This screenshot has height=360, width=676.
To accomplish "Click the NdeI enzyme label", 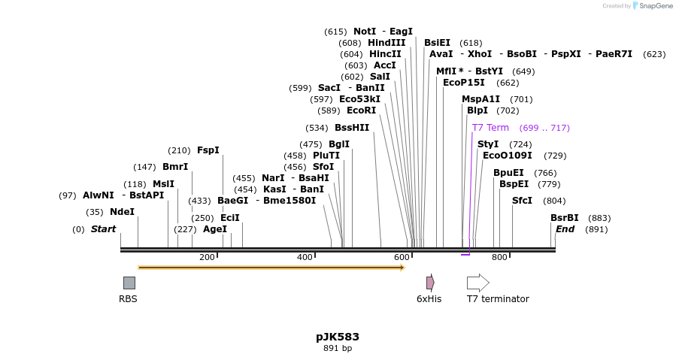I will (x=122, y=212).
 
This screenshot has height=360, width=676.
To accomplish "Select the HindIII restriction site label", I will (x=387, y=43).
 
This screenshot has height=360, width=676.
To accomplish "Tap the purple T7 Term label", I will (x=490, y=128).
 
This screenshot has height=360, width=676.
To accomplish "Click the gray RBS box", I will (x=129, y=283).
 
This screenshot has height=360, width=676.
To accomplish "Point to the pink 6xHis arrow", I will (x=430, y=283).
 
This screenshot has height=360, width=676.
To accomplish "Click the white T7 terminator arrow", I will (x=477, y=283).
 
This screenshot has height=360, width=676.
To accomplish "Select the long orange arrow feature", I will (x=271, y=267).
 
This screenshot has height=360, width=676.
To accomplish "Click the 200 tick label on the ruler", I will (x=207, y=258).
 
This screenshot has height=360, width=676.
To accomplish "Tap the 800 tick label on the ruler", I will (x=499, y=258).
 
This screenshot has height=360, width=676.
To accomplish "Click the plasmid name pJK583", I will (x=338, y=337).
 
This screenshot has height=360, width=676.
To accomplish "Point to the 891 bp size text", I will (x=338, y=348).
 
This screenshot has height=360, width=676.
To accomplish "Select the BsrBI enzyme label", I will (x=564, y=218).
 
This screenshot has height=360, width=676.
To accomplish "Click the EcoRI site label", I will (x=361, y=110).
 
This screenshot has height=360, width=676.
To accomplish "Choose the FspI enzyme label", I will (x=208, y=150).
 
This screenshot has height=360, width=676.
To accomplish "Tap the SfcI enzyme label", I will (x=522, y=201).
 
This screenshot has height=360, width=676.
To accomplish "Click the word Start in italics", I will (x=103, y=229).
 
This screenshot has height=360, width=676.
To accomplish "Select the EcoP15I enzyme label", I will (x=464, y=83).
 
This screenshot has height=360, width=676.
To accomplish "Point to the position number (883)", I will (x=599, y=218).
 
